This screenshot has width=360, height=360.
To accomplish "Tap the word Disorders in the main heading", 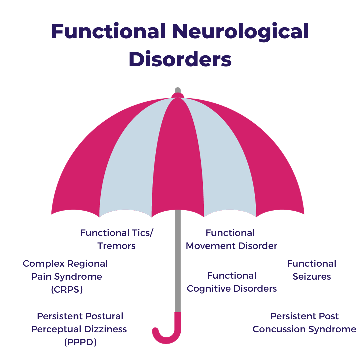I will tap(180, 60).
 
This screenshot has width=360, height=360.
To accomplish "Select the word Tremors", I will tap(116, 246).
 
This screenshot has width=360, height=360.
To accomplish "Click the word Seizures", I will tap(312, 276).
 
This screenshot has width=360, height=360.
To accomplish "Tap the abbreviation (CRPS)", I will tap(67, 289).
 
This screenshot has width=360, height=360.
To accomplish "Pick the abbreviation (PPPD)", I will tap(80, 342).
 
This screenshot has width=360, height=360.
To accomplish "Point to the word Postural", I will tap(104, 316).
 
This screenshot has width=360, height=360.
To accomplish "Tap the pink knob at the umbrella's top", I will tap(178, 96).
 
